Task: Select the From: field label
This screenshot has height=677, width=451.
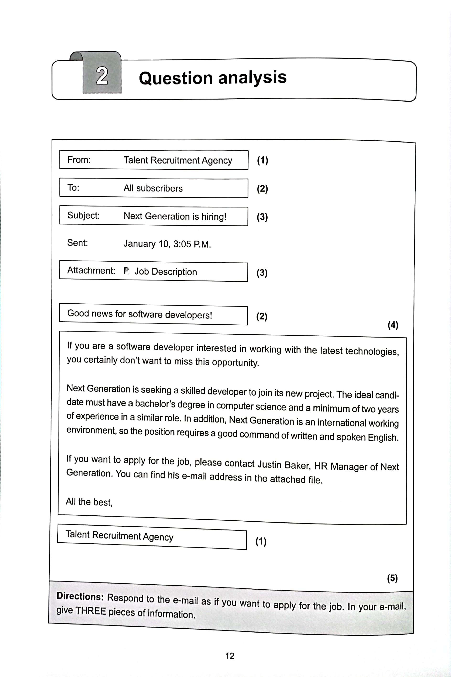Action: click(79, 159)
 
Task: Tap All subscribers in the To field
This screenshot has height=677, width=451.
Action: click(153, 188)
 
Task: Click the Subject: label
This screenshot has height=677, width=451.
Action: click(83, 215)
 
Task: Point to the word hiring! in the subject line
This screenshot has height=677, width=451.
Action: click(214, 216)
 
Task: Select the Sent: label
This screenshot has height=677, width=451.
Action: click(77, 243)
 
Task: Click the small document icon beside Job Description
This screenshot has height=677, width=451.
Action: click(127, 271)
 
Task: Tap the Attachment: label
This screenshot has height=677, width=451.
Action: click(91, 270)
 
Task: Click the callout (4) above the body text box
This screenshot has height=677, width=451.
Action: click(393, 325)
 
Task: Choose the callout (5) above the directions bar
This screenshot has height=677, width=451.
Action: click(392, 578)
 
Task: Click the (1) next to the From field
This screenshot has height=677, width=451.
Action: click(262, 160)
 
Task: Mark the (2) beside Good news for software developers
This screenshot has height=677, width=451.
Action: click(262, 316)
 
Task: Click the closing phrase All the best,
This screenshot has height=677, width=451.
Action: click(89, 502)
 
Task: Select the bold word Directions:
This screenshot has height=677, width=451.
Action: click(80, 596)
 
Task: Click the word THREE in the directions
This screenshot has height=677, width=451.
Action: click(91, 611)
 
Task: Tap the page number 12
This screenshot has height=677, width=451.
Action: click(230, 656)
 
